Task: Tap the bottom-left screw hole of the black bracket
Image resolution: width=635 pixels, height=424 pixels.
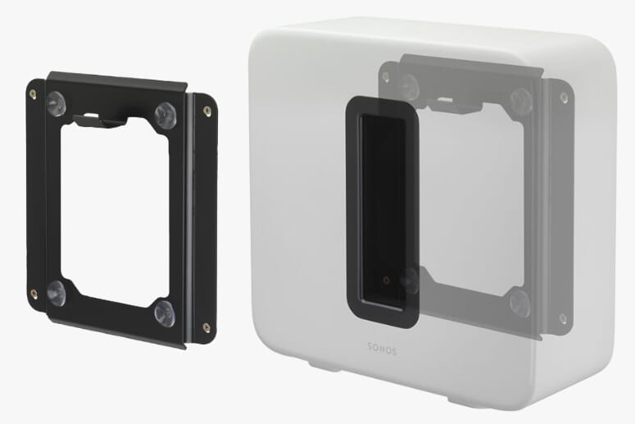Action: [34, 294]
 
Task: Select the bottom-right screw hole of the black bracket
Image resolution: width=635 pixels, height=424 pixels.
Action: [206, 328]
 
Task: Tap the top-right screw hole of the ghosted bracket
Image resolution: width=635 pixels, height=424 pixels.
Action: [563, 98]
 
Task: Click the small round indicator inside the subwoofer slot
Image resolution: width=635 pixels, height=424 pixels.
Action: [387, 280]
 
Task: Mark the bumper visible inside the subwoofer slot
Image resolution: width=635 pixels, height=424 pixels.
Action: [410, 281]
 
